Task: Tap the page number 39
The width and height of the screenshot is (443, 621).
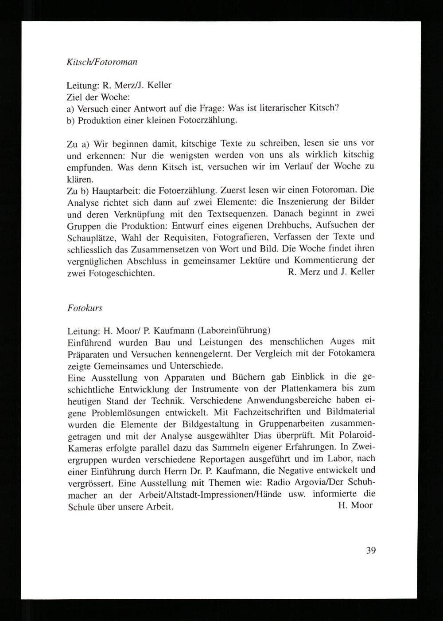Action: (371, 551)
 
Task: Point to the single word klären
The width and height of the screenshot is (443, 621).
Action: (80, 179)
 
